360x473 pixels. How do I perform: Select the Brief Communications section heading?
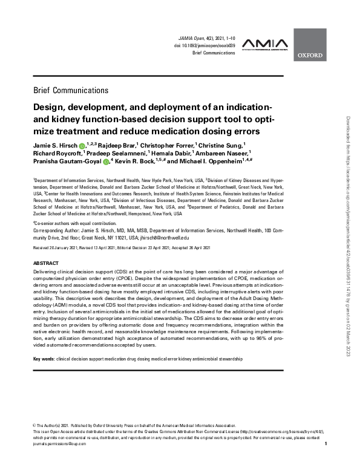[71, 90]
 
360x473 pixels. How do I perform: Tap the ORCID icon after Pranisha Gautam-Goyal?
[106, 162]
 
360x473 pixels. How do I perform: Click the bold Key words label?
[44, 359]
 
